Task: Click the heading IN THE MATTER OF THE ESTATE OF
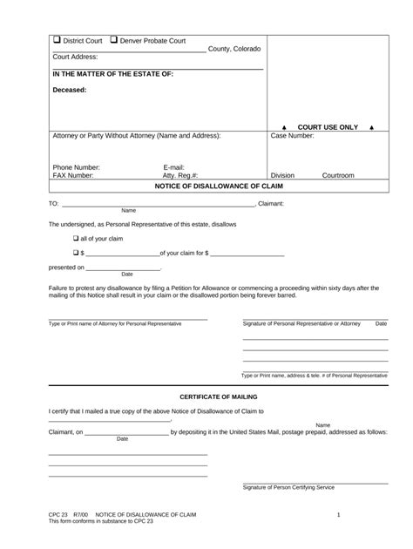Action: point(112,74)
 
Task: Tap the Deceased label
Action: point(70,90)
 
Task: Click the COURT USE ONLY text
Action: point(327,127)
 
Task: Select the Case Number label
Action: point(292,136)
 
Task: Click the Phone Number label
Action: point(77,166)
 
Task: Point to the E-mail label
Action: point(173,166)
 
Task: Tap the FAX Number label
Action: point(73,175)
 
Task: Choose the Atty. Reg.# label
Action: point(180,175)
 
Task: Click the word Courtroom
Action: point(338,175)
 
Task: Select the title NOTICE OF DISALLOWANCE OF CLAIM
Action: point(219,186)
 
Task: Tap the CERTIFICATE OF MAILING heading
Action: point(218,396)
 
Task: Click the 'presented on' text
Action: point(66,268)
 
